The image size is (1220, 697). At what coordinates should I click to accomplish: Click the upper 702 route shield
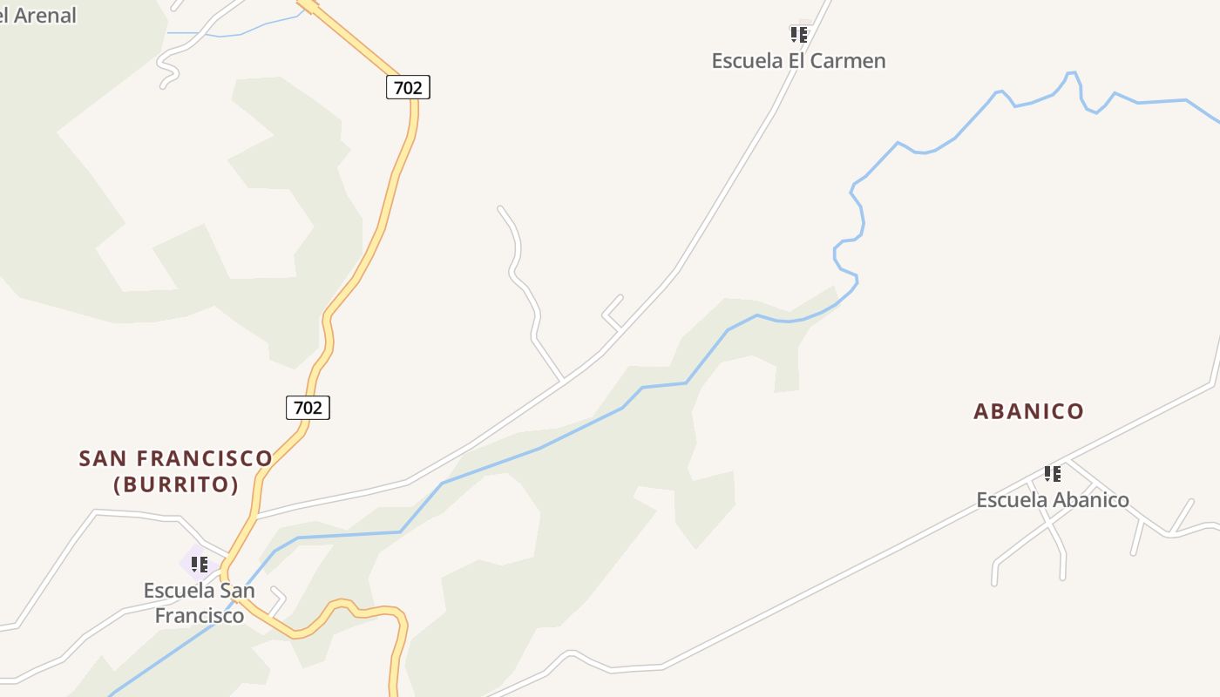408,87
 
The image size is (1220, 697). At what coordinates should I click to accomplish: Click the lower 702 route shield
308,407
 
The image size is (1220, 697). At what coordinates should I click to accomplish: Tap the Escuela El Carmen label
798,61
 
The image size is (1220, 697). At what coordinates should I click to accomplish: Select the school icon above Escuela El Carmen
798,35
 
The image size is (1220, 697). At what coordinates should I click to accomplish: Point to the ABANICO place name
1028,411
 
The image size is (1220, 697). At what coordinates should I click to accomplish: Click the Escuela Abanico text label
1052,500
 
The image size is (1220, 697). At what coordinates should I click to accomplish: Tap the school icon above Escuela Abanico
1053,474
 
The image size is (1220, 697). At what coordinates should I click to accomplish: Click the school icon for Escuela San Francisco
199,564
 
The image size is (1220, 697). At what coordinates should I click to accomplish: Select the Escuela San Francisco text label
200,603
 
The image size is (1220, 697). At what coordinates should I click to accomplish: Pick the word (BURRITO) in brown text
176,485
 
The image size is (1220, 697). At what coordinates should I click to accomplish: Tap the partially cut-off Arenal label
38,15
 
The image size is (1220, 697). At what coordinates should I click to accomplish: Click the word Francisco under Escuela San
200,616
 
